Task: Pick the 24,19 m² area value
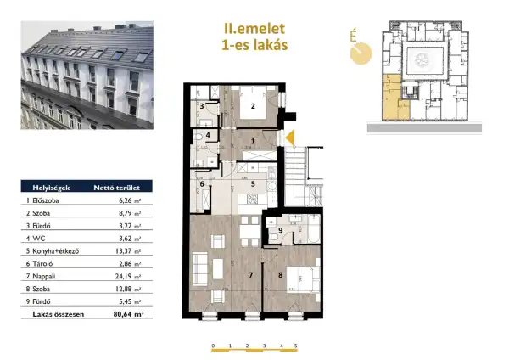[x=126, y=278]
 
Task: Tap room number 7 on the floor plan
[x=250, y=276]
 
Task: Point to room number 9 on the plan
[x=280, y=230]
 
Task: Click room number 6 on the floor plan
[x=201, y=184]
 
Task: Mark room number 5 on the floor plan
[x=252, y=183]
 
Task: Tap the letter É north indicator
[x=352, y=37]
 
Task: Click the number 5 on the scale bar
[x=296, y=346]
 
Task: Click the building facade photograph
[x=87, y=76]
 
